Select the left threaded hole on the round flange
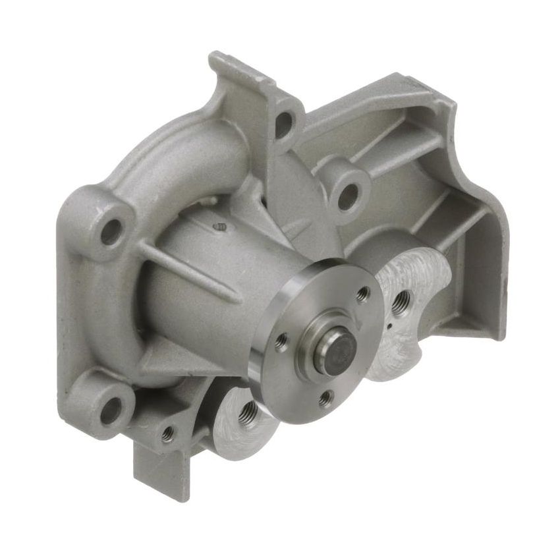(x=281, y=340)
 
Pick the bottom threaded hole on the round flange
(x=325, y=398)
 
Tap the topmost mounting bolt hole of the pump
(x=284, y=123)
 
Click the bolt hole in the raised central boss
(x=348, y=196)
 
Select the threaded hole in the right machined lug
(x=401, y=301)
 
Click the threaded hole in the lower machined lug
(x=250, y=413)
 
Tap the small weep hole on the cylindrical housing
(x=221, y=227)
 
